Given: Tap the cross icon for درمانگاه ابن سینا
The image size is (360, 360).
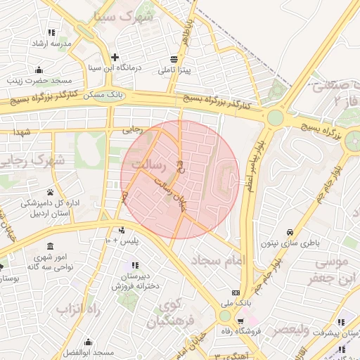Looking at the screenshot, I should click(x=115, y=57).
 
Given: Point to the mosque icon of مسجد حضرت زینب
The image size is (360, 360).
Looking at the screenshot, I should click(x=39, y=70).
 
